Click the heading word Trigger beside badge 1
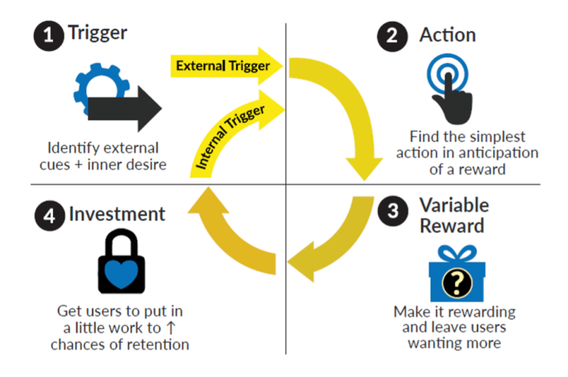(98, 34)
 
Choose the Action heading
(448, 35)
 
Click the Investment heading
(117, 215)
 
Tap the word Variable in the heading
(454, 204)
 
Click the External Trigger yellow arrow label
(223, 66)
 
